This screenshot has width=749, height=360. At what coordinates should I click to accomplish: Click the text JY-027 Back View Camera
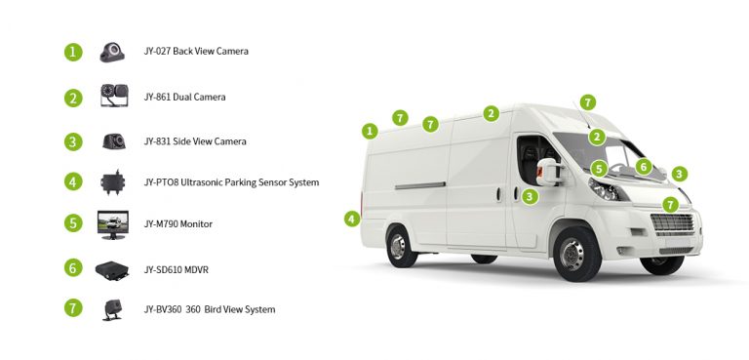click(x=195, y=51)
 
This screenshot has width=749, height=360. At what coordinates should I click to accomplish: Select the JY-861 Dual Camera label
click(x=184, y=98)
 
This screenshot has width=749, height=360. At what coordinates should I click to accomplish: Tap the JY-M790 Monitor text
click(x=177, y=224)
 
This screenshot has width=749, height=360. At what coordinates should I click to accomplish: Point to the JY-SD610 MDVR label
click(x=176, y=268)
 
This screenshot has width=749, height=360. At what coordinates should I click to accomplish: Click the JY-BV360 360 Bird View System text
click(x=209, y=310)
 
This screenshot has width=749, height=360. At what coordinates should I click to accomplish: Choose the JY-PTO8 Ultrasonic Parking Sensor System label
click(x=231, y=182)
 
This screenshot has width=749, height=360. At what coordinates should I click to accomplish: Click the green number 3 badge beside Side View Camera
click(x=73, y=141)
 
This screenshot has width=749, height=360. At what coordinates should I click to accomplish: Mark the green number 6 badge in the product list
click(x=73, y=267)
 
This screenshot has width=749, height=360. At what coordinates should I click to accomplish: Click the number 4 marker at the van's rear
click(x=352, y=219)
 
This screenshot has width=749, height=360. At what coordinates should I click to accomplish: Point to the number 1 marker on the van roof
click(x=369, y=131)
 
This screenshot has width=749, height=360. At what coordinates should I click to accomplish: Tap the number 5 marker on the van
click(x=599, y=169)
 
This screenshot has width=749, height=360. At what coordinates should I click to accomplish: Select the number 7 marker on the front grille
click(x=670, y=204)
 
